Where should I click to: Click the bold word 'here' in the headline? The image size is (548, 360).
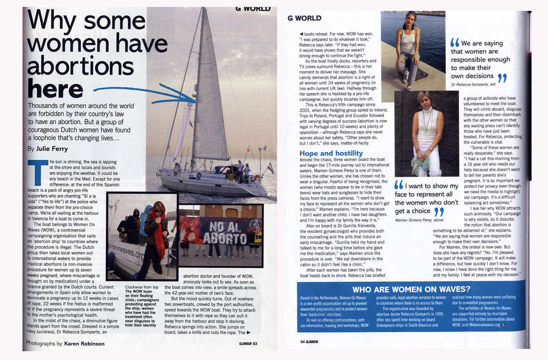pyautogui.click(x=55, y=88)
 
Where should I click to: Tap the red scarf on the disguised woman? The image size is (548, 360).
pyautogui.click(x=160, y=233)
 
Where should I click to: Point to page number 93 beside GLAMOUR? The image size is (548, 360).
pyautogui.click(x=255, y=344)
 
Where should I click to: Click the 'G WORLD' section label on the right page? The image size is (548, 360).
pyautogui.click(x=305, y=18)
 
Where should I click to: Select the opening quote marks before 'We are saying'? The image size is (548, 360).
pyautogui.click(x=455, y=43)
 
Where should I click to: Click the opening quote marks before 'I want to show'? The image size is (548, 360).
pyautogui.click(x=399, y=185)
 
